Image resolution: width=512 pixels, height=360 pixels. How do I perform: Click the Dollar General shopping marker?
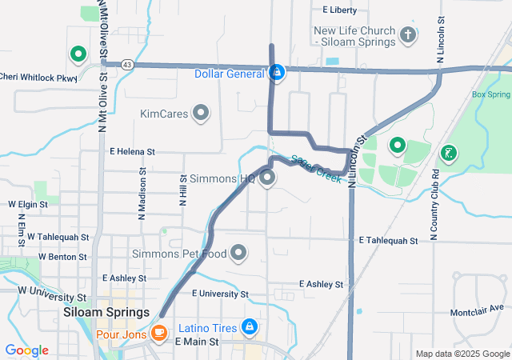tap(277, 73)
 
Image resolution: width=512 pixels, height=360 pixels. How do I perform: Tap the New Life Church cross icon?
tap(408, 35)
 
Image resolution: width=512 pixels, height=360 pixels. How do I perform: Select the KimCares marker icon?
tap(201, 114)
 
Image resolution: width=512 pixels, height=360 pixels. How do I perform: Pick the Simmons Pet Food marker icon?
tap(238, 254)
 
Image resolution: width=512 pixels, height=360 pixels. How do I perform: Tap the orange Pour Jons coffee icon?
tap(159, 334)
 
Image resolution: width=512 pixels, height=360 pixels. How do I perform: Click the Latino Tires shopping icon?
tap(250, 327)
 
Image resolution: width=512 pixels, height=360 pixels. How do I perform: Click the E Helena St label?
tap(132, 151)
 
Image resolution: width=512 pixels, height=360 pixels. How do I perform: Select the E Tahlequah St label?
tap(389, 240)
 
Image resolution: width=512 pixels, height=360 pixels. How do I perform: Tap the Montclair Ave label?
tap(477, 308)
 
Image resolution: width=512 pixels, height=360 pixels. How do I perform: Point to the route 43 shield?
tap(127, 64)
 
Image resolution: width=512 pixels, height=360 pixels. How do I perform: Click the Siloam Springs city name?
tap(106, 313)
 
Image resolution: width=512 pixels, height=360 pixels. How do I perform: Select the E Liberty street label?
tap(339, 10)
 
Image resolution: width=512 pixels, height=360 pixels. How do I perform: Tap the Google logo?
tap(26, 350)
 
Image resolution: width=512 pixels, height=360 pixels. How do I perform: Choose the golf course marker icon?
tap(449, 152)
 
